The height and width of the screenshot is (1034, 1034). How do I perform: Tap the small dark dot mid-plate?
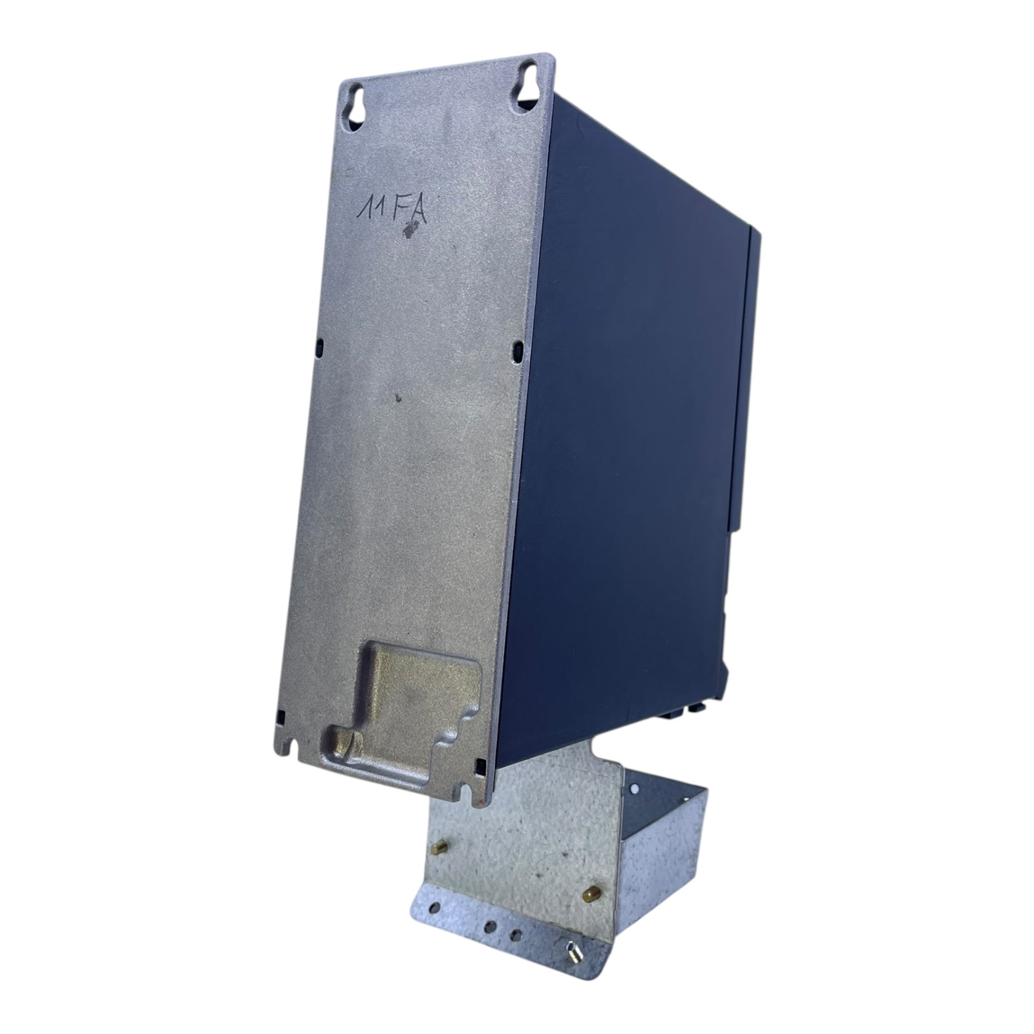[399, 398]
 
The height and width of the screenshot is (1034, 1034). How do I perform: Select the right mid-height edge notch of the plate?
[518, 350]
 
